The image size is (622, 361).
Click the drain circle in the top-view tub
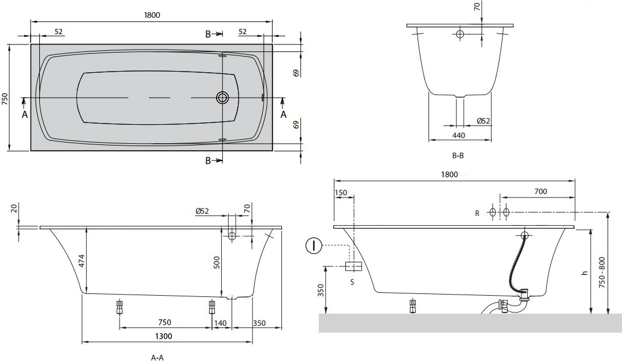(x=222, y=97)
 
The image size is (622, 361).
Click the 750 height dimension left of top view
(x=5, y=98)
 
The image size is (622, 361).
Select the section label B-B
(x=458, y=155)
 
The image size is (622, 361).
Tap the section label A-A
(x=158, y=358)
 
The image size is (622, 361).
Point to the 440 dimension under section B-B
(x=459, y=135)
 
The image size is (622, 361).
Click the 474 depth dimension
(x=81, y=260)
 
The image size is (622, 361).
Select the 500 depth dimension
(x=217, y=262)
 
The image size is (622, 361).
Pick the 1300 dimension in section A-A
(x=163, y=336)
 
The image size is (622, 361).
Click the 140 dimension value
(x=221, y=323)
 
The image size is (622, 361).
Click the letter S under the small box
(x=352, y=282)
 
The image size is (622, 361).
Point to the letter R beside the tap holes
(x=477, y=214)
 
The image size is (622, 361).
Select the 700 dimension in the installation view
(x=541, y=191)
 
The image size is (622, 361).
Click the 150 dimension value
(x=341, y=193)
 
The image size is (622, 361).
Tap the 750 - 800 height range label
(x=602, y=273)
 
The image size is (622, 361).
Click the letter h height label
(x=584, y=273)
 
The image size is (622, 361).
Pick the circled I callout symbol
(x=314, y=246)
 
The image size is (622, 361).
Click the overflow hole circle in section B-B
(x=460, y=34)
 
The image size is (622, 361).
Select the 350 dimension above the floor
(x=321, y=290)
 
